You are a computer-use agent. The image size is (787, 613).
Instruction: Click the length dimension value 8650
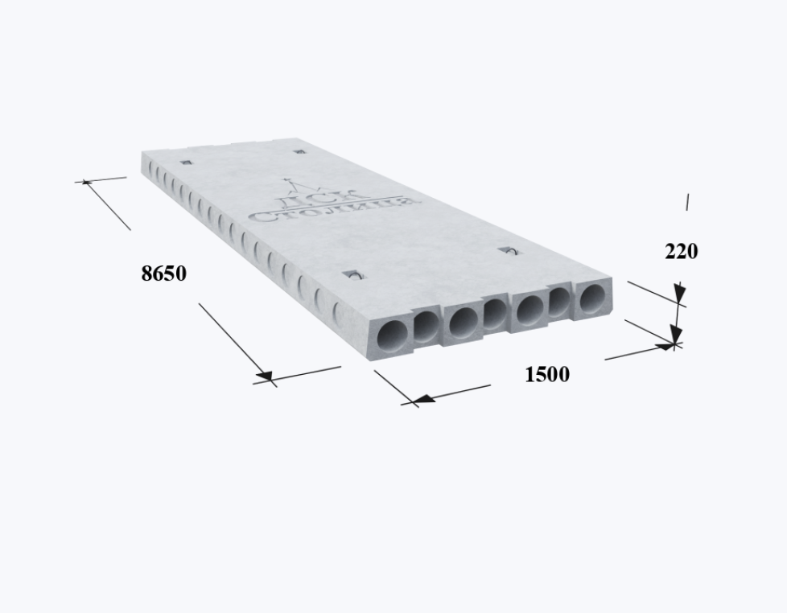point(164,274)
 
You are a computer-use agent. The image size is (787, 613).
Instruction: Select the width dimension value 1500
point(547,375)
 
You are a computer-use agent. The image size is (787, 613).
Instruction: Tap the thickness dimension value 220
point(681,251)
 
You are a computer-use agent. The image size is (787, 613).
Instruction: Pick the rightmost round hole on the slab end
point(593,298)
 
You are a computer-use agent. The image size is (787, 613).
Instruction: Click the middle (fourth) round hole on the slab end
point(495,314)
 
